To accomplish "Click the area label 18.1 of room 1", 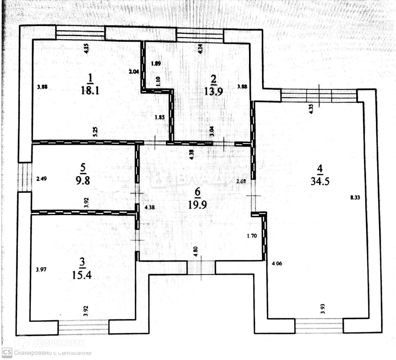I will tap(90, 91).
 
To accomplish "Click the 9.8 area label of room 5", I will tap(83, 180).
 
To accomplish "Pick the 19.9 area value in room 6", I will tap(197, 205).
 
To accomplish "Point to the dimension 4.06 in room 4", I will tap(277, 263).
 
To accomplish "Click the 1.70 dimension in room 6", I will tap(252, 236).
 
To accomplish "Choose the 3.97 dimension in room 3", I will tap(41, 270).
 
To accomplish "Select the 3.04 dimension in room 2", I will tap(212, 132).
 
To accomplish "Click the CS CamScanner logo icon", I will tap(7, 353).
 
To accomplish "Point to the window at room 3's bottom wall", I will tap(84, 327).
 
